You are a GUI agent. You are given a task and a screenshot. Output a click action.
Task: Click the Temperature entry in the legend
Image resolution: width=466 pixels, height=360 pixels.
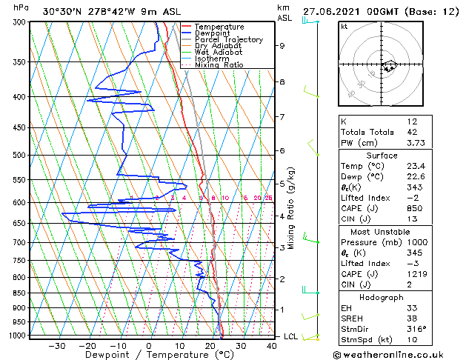click(x=220, y=27)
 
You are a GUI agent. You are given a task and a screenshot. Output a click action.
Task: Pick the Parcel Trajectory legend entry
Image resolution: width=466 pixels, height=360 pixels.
click(x=228, y=40)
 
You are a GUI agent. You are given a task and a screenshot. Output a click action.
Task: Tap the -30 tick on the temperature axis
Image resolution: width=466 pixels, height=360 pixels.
click(x=56, y=346)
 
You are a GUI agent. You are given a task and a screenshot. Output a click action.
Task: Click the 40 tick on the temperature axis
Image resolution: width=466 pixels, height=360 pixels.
click(x=271, y=346)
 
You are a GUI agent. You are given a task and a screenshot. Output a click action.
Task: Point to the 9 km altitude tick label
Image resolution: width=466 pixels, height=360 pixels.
click(x=282, y=46)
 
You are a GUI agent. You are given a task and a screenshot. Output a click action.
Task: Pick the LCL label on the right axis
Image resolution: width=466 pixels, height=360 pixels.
click(x=292, y=336)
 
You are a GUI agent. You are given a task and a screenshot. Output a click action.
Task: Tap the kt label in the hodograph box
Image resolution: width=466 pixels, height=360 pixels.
click(x=345, y=27)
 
